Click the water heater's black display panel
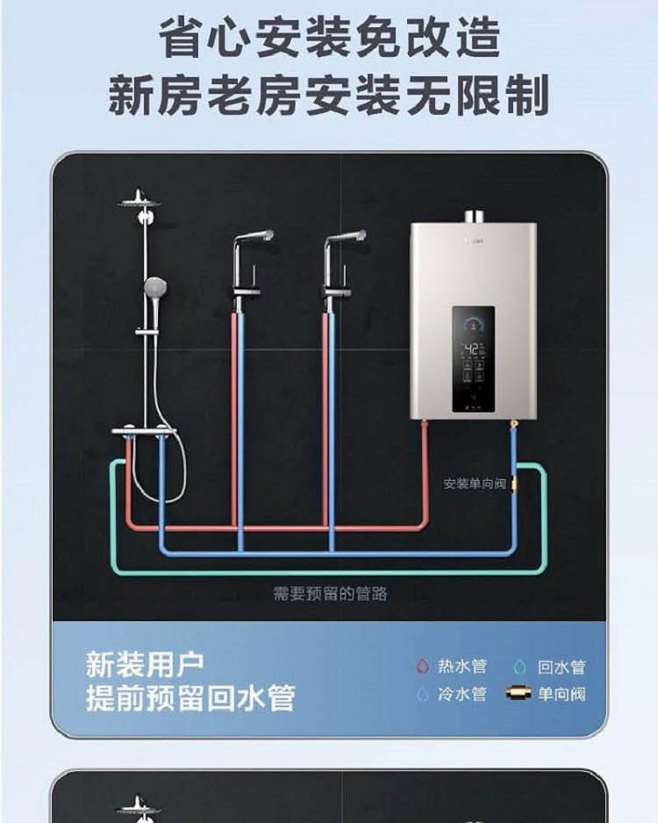pos(473,359)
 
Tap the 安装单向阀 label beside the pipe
pos(475,483)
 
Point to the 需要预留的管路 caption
pos(330,594)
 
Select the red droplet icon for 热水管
pos(422,667)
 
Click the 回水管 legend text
pos(561,667)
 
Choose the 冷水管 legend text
pos(462,694)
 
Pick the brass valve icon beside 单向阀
pos(520,694)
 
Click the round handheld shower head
pos(155,286)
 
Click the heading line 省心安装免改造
pos(329,39)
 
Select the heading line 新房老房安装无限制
pos(329,95)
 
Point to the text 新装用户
pos(145,663)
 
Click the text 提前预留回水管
pos(190,698)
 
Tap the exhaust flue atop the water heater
pos(474,216)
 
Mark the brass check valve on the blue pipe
pos(516,481)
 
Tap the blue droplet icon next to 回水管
pos(520,667)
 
